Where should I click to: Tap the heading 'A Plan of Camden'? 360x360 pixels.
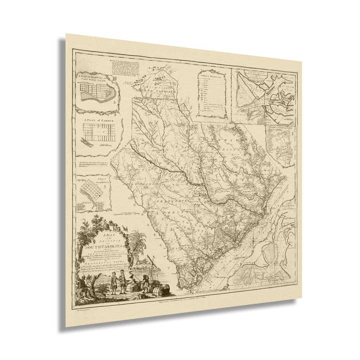99,120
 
